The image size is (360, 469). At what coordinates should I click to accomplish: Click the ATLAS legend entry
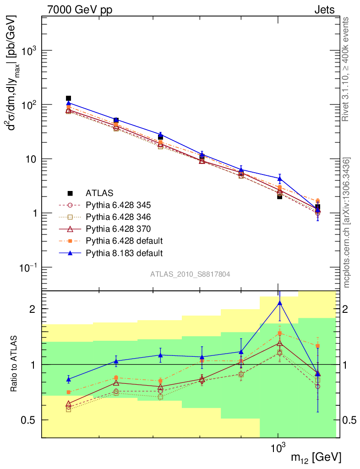tap(100, 193)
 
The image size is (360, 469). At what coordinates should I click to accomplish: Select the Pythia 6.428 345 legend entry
tap(118, 205)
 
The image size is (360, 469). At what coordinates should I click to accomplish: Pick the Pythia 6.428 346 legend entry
tap(118, 217)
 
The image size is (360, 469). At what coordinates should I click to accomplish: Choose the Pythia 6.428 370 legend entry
tap(118, 229)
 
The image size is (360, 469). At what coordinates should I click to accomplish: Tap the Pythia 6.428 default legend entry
tap(124, 240)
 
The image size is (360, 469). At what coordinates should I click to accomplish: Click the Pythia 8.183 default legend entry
tap(124, 252)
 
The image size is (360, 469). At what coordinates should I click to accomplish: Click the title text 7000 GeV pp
tap(79, 10)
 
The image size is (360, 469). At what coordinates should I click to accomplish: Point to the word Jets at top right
tap(324, 10)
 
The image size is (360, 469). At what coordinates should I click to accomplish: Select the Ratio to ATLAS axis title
tap(14, 364)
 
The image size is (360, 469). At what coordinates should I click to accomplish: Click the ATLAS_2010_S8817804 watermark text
tap(190, 274)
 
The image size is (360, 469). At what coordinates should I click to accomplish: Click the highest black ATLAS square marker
tap(69, 98)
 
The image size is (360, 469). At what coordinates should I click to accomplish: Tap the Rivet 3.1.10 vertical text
tap(347, 69)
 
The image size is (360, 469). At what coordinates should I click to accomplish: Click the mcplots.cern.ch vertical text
tap(347, 223)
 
